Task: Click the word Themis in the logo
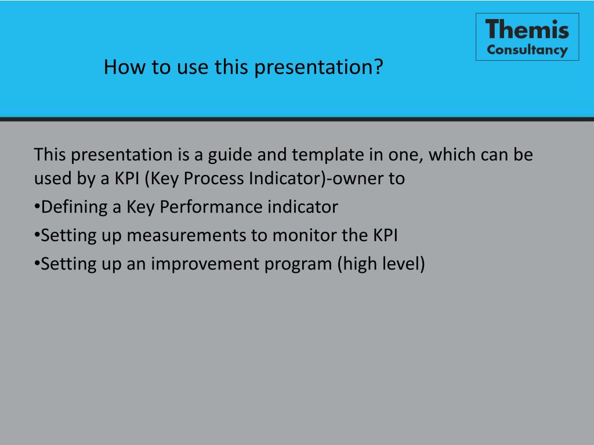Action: [x=527, y=29]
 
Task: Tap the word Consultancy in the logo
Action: [x=527, y=50]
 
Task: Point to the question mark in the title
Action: [x=378, y=67]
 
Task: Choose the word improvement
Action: [x=204, y=264]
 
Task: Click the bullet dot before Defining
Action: [x=37, y=207]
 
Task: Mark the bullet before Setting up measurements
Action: [x=37, y=235]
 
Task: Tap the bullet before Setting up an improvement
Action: [x=37, y=264]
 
